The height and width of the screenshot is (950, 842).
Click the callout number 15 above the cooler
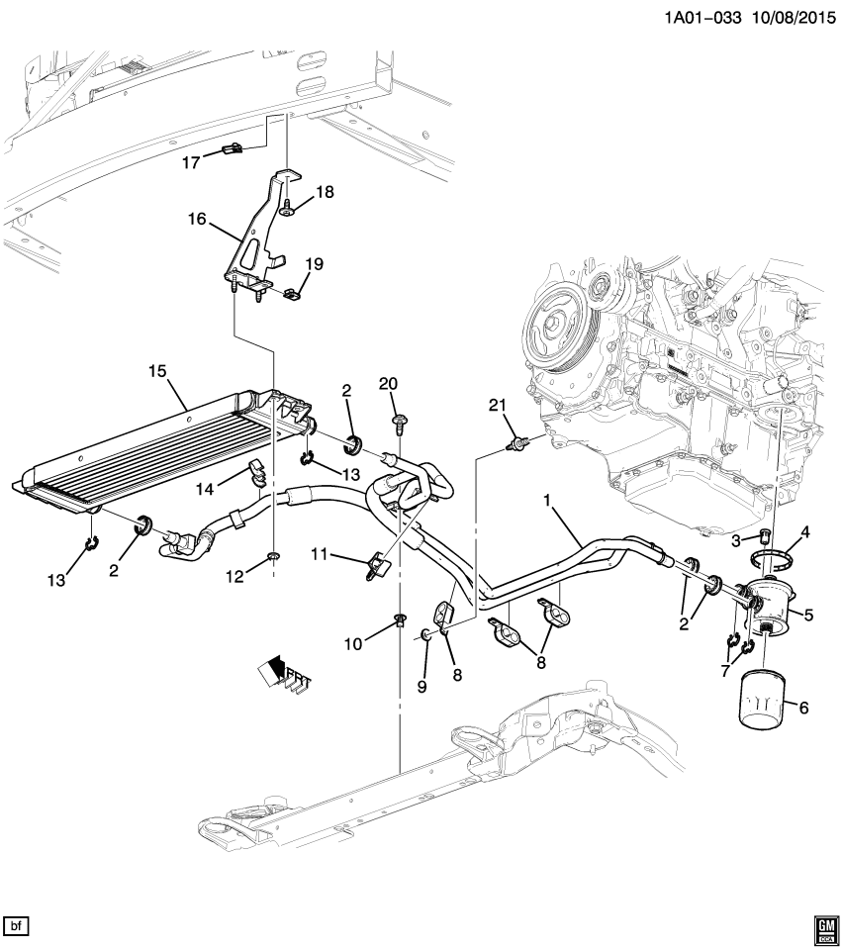[x=156, y=371]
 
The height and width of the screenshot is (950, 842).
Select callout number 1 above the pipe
[x=545, y=504]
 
